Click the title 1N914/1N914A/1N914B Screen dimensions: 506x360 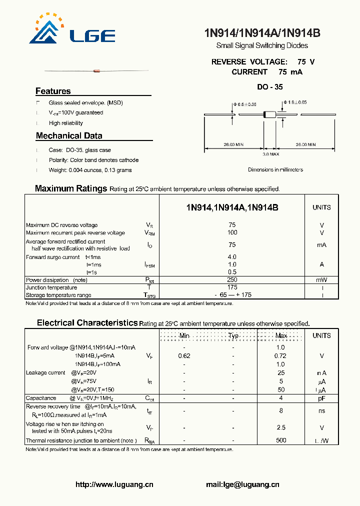point(262,33)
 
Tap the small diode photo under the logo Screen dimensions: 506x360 point(97,71)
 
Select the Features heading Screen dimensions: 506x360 point(53,91)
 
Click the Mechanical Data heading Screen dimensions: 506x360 point(69,136)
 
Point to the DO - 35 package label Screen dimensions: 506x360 point(270,87)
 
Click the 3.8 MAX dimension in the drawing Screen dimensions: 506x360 point(270,154)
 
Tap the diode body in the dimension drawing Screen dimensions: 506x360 point(270,115)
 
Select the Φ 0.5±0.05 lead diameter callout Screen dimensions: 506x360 point(244,104)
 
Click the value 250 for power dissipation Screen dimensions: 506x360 point(232,280)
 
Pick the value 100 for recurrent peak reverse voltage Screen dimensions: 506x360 point(232,233)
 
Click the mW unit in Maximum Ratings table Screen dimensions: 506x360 point(321,280)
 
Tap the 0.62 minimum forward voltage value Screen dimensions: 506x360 point(184,356)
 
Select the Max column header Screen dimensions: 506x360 point(281,336)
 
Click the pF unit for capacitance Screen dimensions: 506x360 point(321,398)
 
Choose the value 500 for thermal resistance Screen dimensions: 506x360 point(281,440)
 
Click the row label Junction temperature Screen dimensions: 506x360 point(51,287)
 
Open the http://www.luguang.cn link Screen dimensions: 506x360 point(114,484)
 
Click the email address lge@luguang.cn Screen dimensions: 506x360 point(242,484)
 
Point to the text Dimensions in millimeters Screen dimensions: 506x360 point(275,170)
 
